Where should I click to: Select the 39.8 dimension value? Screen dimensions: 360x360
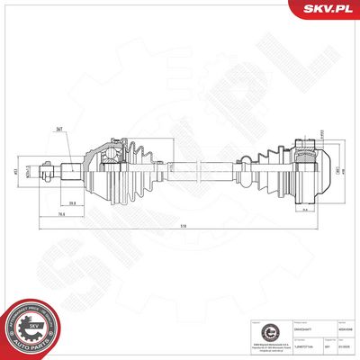click(95, 202)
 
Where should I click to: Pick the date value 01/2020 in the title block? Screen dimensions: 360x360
click(344, 346)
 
